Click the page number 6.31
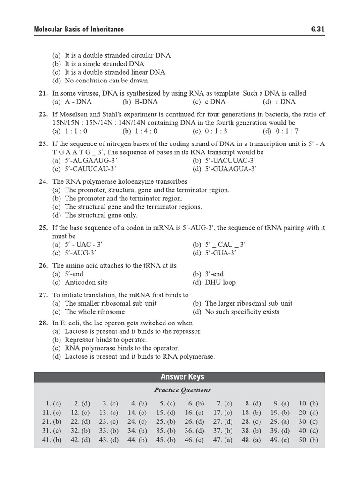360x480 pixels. [x=317, y=29]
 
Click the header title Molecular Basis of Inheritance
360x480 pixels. [x=79, y=29]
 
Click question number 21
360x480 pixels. [x=43, y=93]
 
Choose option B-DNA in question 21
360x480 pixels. [x=140, y=102]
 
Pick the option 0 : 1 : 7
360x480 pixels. [x=279, y=131]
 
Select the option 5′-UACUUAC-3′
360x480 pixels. [x=224, y=161]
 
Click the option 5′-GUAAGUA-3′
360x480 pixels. [x=225, y=169]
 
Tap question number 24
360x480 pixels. [x=43, y=181]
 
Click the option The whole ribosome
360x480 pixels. [x=89, y=312]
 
